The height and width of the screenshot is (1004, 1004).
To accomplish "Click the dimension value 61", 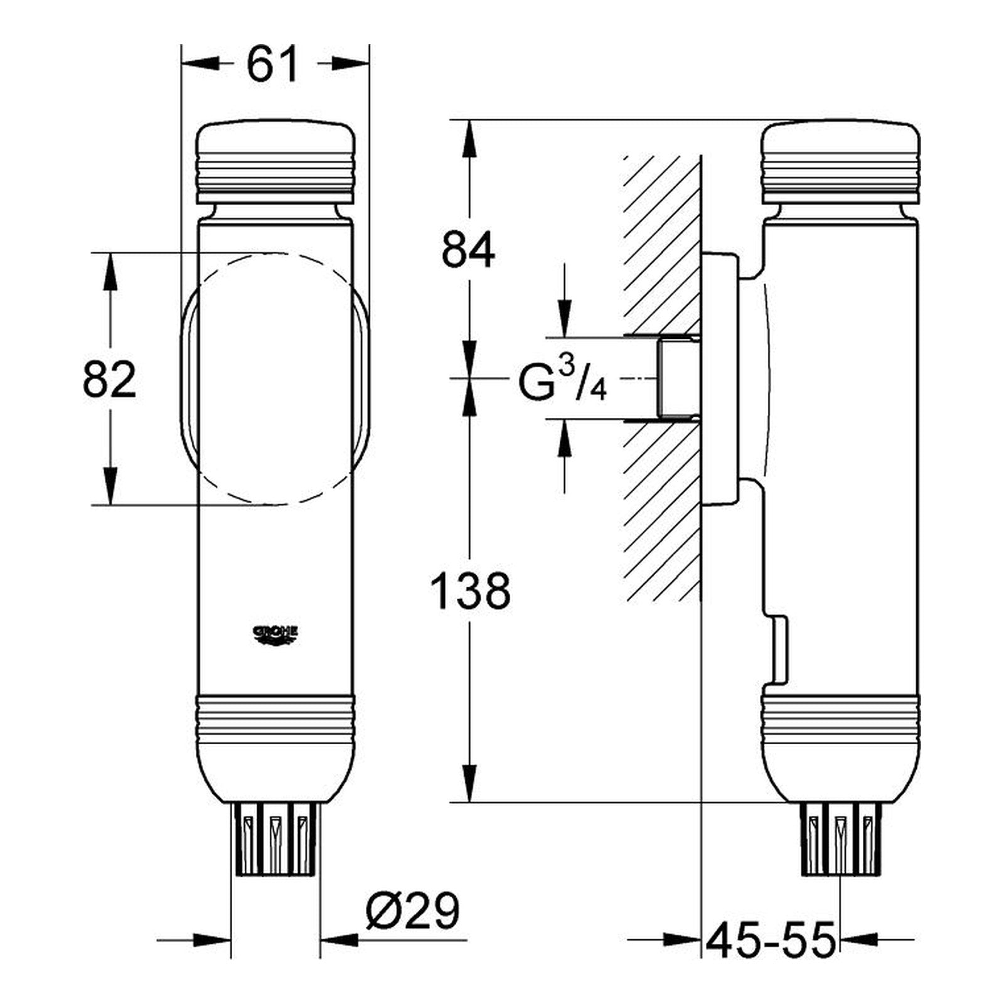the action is [272, 65].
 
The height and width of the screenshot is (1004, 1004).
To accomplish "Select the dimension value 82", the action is [109, 380].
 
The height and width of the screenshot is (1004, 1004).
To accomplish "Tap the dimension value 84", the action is [468, 249].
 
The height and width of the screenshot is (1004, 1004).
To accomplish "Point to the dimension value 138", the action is [470, 591].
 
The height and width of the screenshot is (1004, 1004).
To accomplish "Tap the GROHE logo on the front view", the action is [275, 634].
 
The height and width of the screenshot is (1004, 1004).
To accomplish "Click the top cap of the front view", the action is [276, 163].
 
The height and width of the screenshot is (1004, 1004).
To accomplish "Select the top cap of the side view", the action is [841, 163].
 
